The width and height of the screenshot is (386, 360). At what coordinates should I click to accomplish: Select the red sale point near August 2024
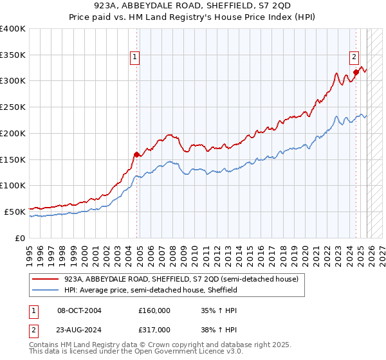(x=356, y=72)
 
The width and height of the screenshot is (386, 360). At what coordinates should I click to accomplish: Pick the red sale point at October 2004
(x=136, y=154)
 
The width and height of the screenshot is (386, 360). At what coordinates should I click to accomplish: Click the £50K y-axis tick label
(x=14, y=212)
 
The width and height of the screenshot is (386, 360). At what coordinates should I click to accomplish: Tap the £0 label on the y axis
(x=19, y=238)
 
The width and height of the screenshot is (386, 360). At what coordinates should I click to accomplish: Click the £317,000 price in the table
(x=154, y=329)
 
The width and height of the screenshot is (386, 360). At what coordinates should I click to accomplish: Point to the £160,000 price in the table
(x=154, y=310)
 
